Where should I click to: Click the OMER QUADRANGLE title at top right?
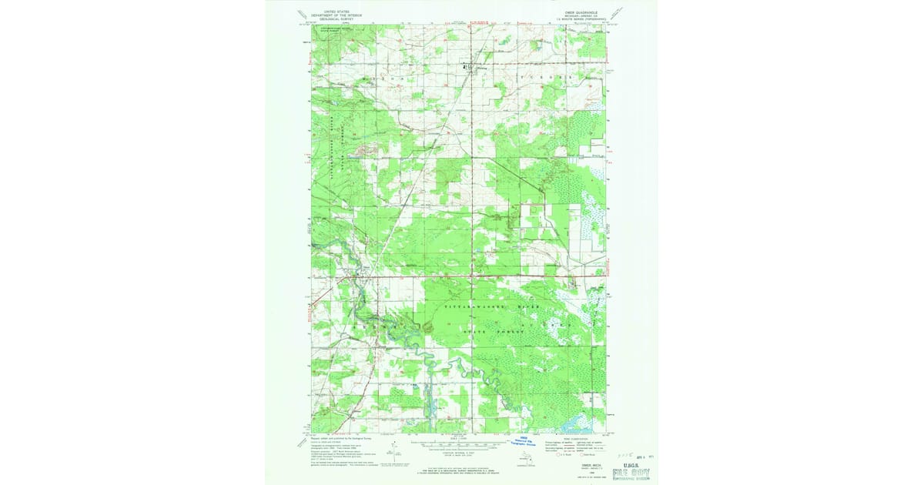tap(588, 12)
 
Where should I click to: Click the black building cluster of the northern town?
tap(465, 67)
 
